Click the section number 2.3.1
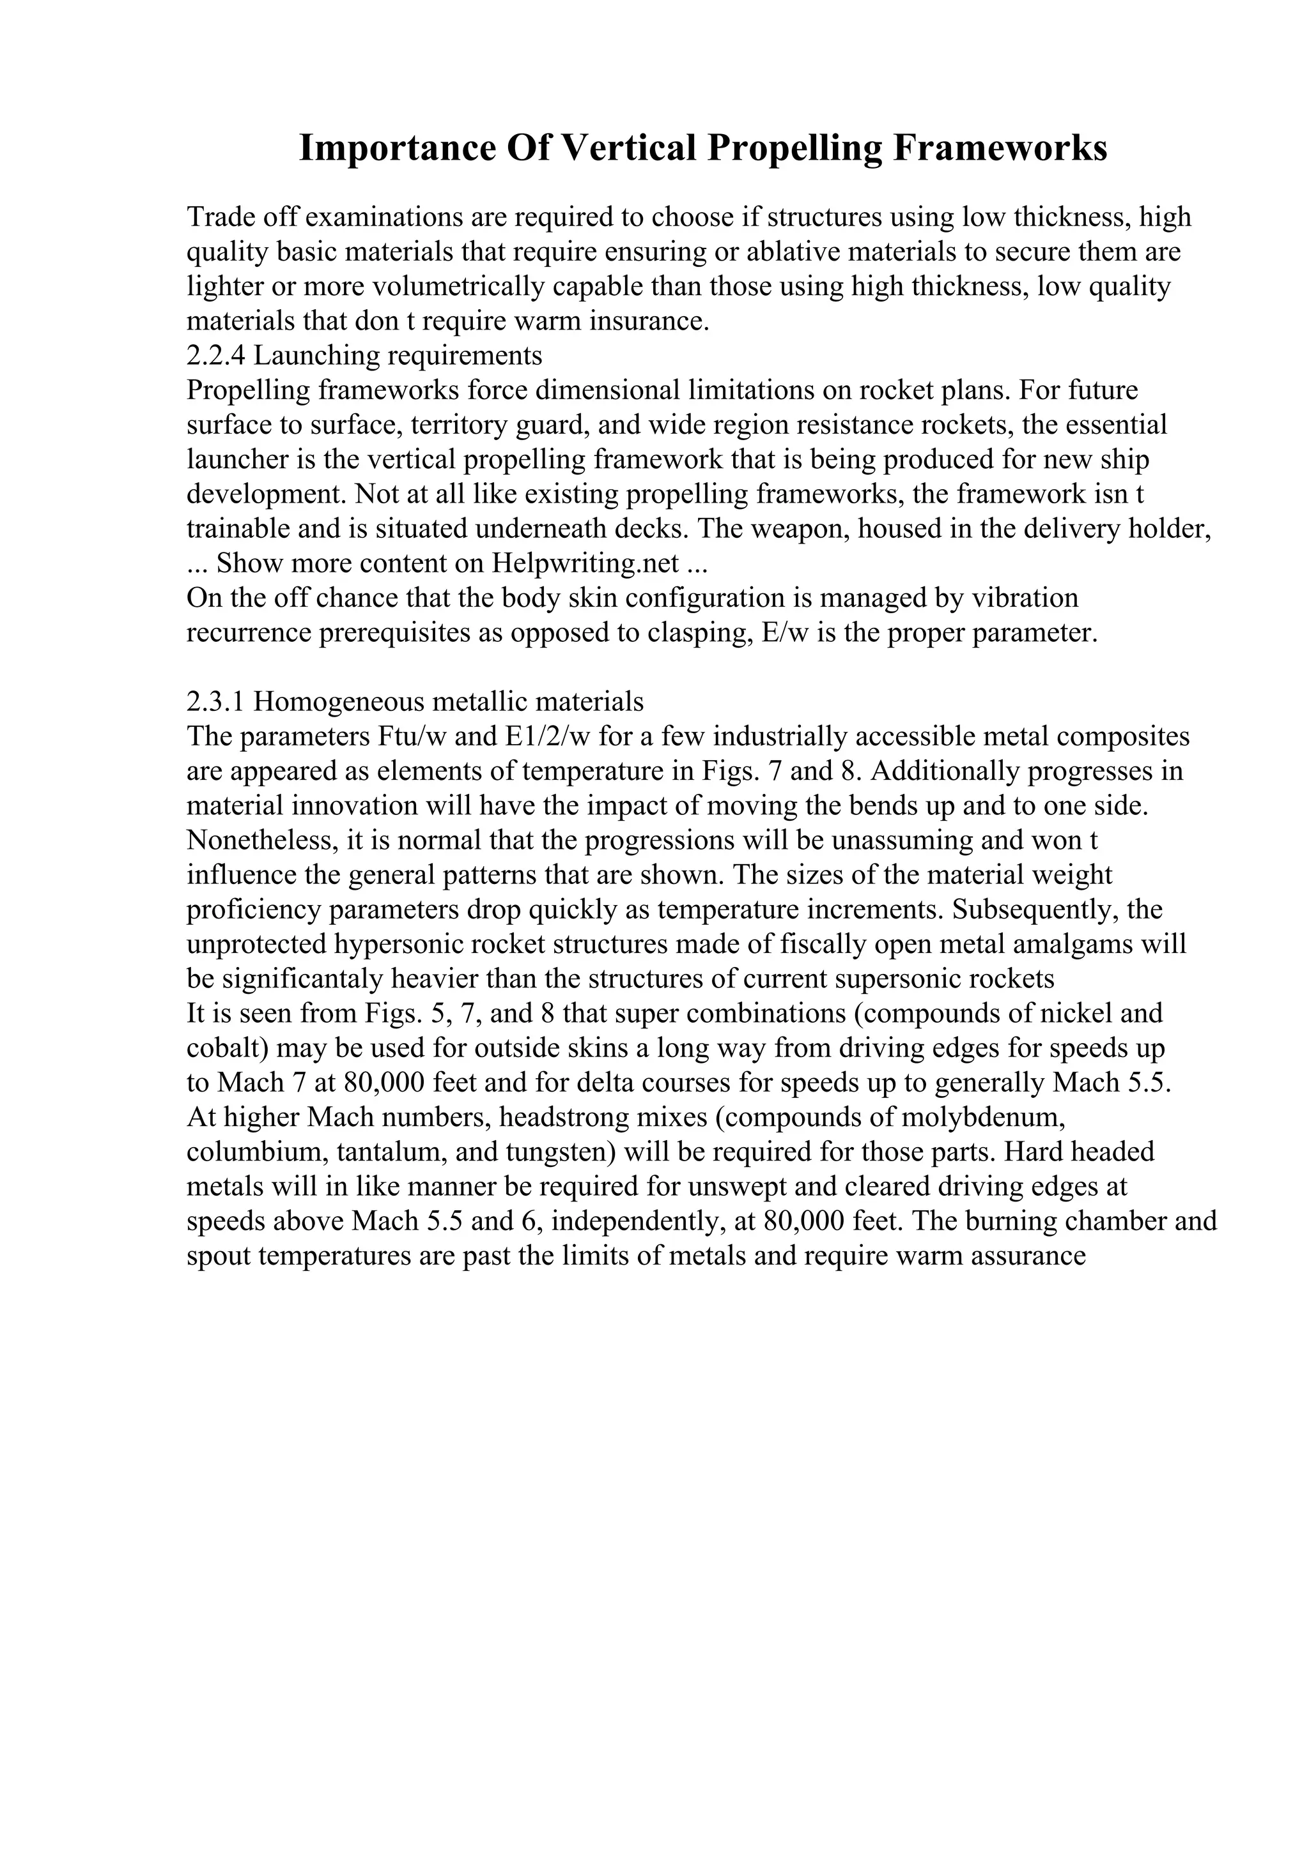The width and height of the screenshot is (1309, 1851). point(215,702)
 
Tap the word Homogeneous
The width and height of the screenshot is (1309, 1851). point(339,702)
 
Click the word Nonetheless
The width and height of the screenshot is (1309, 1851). point(261,841)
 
